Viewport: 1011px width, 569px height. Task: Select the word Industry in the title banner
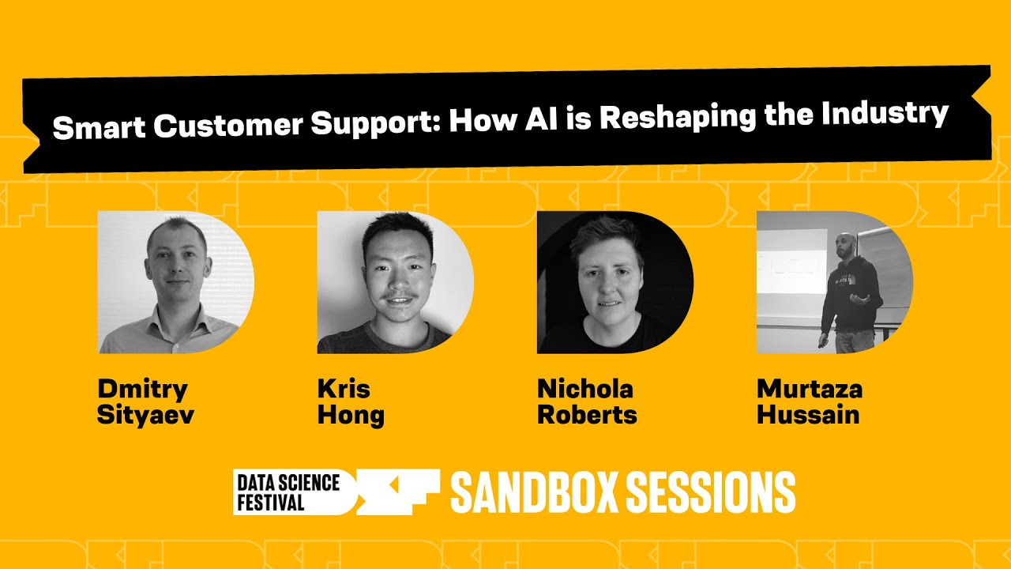click(x=884, y=113)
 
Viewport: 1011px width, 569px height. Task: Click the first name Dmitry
click(x=142, y=390)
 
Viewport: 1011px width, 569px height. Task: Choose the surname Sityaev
click(x=145, y=415)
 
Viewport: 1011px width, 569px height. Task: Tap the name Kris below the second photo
click(x=344, y=389)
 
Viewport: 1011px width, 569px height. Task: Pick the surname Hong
click(x=351, y=416)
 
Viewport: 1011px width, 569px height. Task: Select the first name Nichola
click(x=585, y=389)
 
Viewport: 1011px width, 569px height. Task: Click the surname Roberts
click(x=587, y=415)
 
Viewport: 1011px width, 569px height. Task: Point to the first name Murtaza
click(x=810, y=389)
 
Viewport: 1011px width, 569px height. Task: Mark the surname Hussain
click(x=808, y=415)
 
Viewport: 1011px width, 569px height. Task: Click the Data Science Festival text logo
click(x=287, y=492)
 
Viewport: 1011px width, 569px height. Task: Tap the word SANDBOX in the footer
click(x=534, y=492)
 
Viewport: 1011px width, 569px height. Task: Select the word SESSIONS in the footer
click(x=710, y=492)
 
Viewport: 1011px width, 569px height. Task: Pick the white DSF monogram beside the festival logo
click(x=395, y=492)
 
